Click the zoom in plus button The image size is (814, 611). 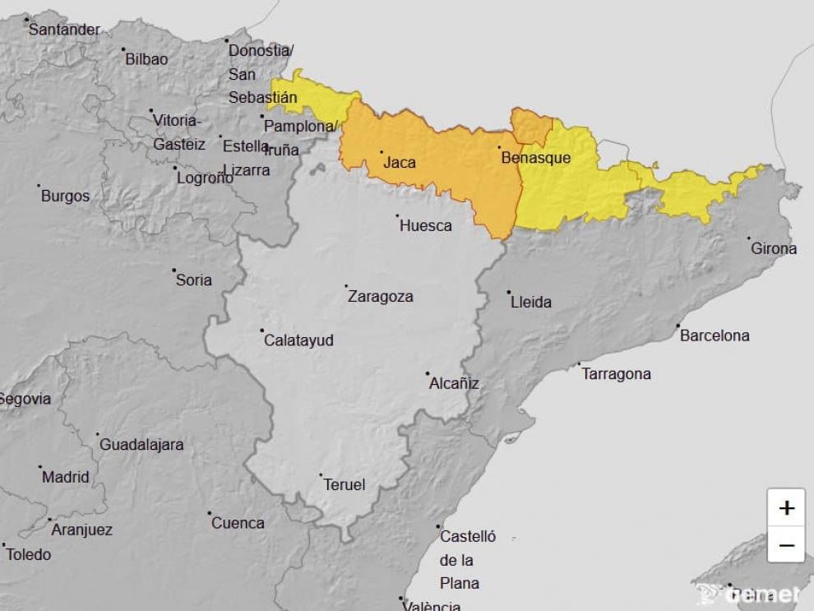pos(786,507)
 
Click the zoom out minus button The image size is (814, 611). pos(786,544)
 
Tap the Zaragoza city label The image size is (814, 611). pos(380,297)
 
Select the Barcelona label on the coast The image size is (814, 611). pos(714,336)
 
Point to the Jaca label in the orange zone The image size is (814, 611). pos(400,163)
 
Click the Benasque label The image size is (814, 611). pos(535,158)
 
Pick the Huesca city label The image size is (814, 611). pos(425,225)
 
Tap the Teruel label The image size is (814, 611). pos(344,485)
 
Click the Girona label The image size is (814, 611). pos(773,248)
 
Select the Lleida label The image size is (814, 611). pos(530,302)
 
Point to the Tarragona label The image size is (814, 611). pos(616,374)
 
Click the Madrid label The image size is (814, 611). pos(65,477)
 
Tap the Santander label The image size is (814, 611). pos(64,30)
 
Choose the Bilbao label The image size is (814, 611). pos(146,59)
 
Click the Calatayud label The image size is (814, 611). pos(298,340)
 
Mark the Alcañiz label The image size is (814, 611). pos(454,383)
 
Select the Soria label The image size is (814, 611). pos(194,280)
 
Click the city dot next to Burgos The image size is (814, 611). pos(39,186)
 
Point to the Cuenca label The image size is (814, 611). pos(238,523)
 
